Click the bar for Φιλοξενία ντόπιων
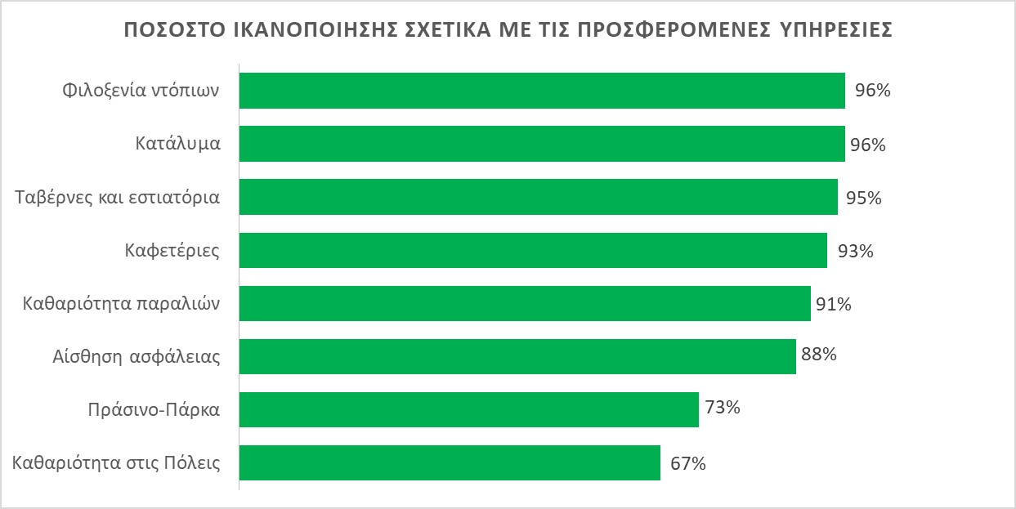coord(541,91)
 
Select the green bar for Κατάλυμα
coord(541,144)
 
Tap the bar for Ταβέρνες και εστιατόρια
coord(538,197)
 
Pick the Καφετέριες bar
coord(533,250)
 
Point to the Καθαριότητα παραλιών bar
coord(525,303)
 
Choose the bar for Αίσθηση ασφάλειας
coord(517,356)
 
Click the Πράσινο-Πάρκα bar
coord(469,409)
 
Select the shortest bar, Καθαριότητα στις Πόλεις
coord(450,462)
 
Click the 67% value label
coord(688,463)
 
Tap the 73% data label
coord(723,407)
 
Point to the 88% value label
coord(819,355)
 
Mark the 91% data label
coord(834,305)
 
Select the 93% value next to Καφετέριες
coord(856,252)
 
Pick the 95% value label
coord(864,199)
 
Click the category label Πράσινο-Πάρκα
coord(154,410)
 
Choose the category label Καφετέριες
coord(172,250)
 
